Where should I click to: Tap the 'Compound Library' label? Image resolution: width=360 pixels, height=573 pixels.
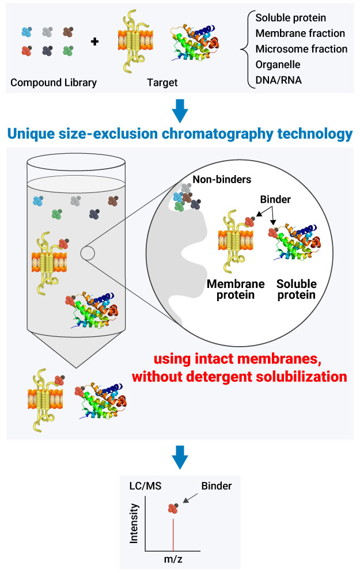[x=54, y=82]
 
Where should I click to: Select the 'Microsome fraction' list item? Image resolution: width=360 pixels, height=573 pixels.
[x=301, y=49]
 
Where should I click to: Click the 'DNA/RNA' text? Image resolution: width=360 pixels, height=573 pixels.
[x=279, y=80]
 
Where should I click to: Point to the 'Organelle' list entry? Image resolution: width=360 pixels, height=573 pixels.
[x=278, y=64]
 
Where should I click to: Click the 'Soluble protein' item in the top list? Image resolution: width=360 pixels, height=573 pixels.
[x=291, y=18]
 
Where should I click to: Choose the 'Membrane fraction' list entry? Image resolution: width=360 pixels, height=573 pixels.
[x=300, y=33]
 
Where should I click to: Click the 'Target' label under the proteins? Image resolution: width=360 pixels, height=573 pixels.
[x=162, y=82]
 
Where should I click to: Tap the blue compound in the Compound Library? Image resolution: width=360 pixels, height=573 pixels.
[x=26, y=32]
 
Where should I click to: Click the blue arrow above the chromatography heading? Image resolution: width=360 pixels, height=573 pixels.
[x=180, y=109]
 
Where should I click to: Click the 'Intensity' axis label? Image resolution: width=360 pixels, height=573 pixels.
[x=135, y=523]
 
